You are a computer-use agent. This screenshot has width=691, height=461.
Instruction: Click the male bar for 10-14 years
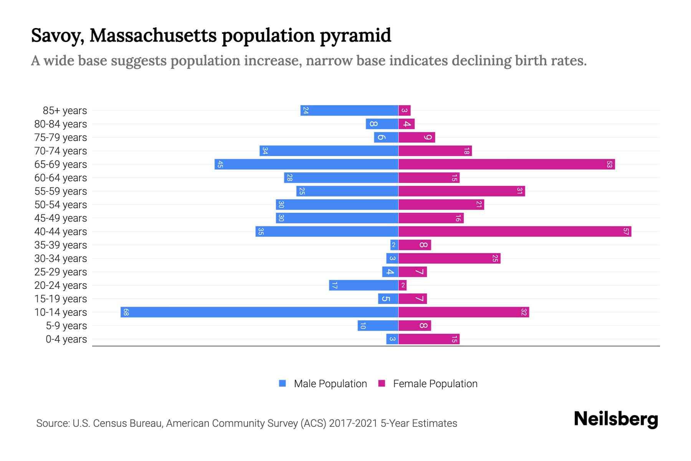click(x=260, y=312)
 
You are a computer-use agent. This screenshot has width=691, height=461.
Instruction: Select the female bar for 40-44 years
click(x=514, y=231)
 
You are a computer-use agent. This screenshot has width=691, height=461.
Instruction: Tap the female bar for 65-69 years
click(x=506, y=164)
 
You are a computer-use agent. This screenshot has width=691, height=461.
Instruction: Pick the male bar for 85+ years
click(x=349, y=110)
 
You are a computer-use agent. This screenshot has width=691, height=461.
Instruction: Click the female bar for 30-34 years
click(x=449, y=258)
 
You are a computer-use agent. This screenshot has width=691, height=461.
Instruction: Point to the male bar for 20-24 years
click(x=364, y=285)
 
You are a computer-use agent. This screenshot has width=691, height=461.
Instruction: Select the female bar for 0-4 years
click(x=429, y=339)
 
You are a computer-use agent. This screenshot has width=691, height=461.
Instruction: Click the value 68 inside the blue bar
click(x=126, y=312)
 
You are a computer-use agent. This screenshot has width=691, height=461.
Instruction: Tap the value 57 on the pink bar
click(x=626, y=231)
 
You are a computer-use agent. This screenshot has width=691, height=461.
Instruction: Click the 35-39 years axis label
click(x=61, y=245)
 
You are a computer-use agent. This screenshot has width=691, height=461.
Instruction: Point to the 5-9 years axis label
click(x=66, y=326)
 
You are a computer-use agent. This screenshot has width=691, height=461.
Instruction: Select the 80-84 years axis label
click(x=61, y=124)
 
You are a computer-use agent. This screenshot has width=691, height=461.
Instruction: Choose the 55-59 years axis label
click(x=61, y=191)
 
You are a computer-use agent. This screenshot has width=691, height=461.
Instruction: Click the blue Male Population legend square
click(x=283, y=383)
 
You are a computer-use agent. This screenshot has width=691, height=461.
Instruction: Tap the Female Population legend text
click(x=435, y=383)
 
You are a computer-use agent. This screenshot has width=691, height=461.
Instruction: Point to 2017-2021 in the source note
click(x=353, y=423)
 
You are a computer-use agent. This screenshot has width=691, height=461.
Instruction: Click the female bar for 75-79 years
click(x=417, y=137)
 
